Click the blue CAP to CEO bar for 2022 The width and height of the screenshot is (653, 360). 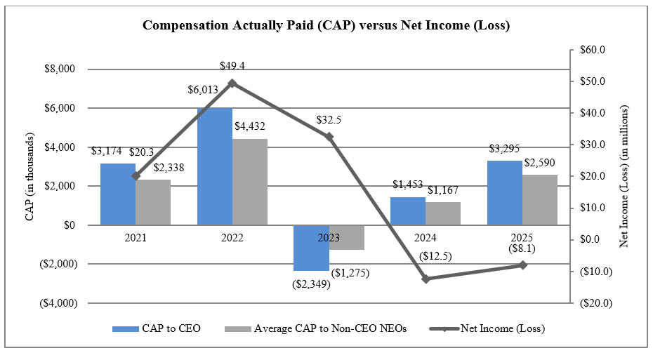pyautogui.click(x=214, y=166)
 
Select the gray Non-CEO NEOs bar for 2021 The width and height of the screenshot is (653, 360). pyautogui.click(x=153, y=202)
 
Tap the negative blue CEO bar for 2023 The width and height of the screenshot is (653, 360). pyautogui.click(x=310, y=248)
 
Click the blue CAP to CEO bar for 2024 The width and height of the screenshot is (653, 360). pyautogui.click(x=407, y=211)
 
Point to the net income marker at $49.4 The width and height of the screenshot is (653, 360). pyautogui.click(x=232, y=83)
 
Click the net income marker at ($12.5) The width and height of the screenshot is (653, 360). pyautogui.click(x=426, y=279)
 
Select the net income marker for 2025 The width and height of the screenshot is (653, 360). pyautogui.click(x=522, y=265)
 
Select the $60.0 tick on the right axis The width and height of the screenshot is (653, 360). pyautogui.click(x=593, y=50)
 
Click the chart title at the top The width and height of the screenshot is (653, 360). pyautogui.click(x=326, y=26)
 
